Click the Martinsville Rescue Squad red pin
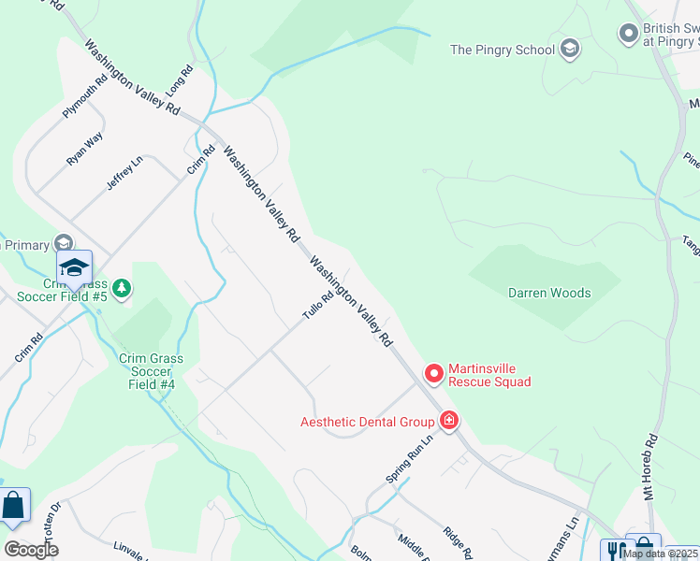[434, 374]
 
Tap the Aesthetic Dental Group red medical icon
[449, 421]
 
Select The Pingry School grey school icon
[569, 50]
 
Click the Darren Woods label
[549, 293]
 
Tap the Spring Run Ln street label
[411, 460]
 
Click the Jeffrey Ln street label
[124, 173]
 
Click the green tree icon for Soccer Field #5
[122, 291]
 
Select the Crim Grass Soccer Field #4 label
[151, 371]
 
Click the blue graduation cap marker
[74, 268]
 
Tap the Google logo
[31, 550]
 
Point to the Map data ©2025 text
[660, 554]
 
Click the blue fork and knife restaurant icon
[614, 550]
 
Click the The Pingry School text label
[503, 50]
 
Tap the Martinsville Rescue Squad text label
[489, 375]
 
